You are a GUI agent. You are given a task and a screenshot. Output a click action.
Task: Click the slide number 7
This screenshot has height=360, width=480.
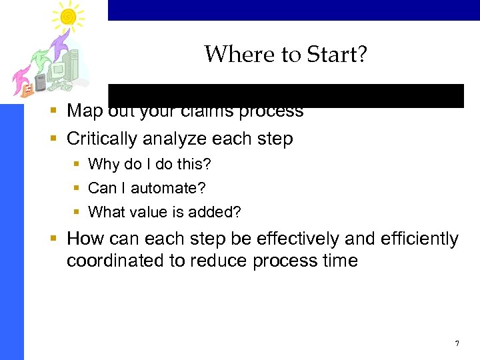457,343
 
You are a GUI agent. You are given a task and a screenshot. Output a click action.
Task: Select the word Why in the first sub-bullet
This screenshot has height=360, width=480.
102,163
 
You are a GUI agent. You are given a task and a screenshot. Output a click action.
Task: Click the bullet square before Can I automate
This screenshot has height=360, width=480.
77,188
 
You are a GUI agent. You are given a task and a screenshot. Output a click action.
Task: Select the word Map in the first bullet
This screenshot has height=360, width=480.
83,111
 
